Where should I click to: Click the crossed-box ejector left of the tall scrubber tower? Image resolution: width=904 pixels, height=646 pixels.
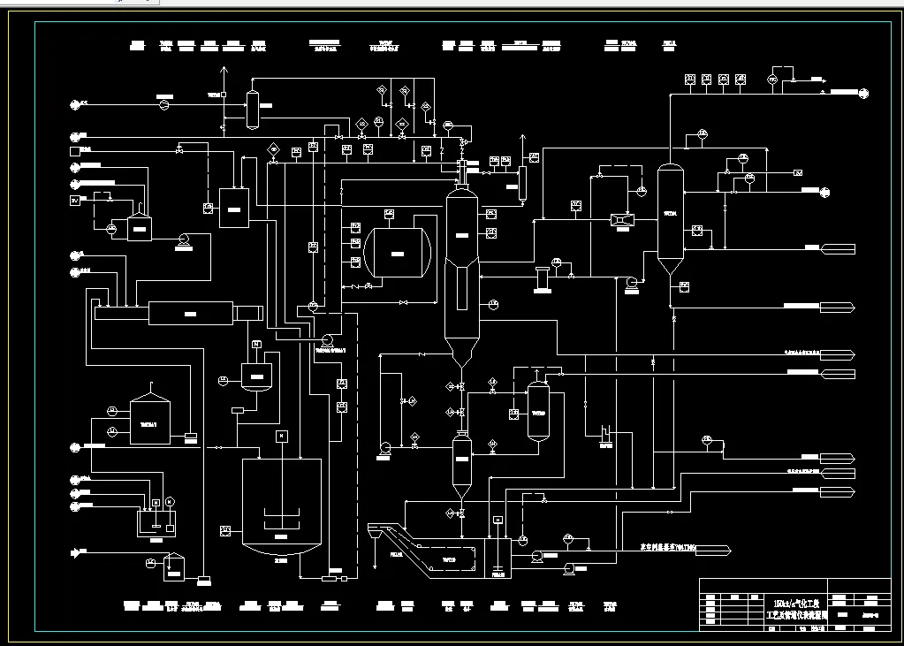click(622, 218)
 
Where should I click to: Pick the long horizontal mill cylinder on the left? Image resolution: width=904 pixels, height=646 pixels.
click(190, 313)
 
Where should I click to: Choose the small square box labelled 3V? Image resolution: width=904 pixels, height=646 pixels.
click(75, 201)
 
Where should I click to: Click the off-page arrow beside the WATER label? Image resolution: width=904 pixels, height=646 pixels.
click(714, 550)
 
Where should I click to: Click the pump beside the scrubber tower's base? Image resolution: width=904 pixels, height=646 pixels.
click(631, 283)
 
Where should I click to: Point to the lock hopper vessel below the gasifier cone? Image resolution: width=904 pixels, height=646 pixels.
click(460, 460)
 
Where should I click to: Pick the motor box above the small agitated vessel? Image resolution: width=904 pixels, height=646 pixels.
click(257, 345)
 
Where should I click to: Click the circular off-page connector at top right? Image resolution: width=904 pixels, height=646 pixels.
click(863, 91)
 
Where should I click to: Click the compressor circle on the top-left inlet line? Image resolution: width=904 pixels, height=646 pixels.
click(163, 105)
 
